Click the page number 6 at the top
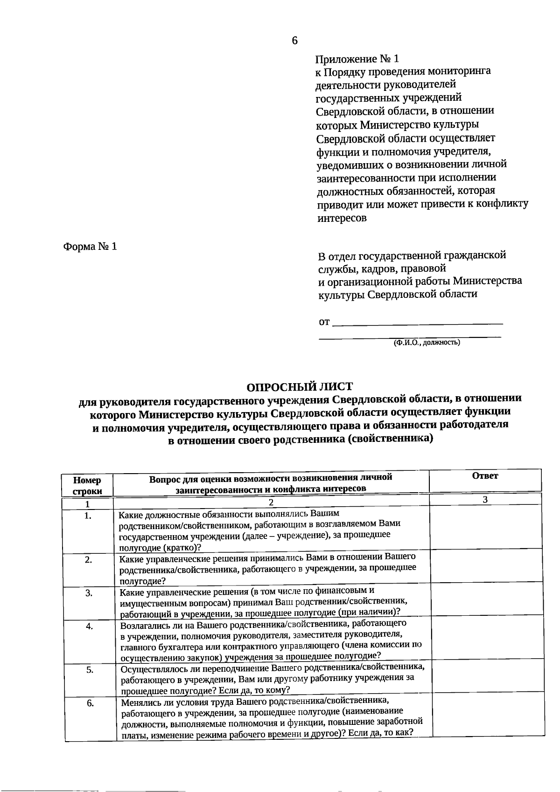tap(294, 41)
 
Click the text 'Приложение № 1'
tap(357, 59)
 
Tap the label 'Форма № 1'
tap(90, 246)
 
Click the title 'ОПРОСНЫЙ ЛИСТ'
tap(300, 386)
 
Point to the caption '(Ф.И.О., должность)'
tap(427, 343)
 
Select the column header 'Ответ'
tap(485, 476)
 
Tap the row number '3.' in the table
tap(89, 593)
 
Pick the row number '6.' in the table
tap(91, 703)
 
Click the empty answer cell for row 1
tap(485, 529)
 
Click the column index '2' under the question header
tap(270, 503)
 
